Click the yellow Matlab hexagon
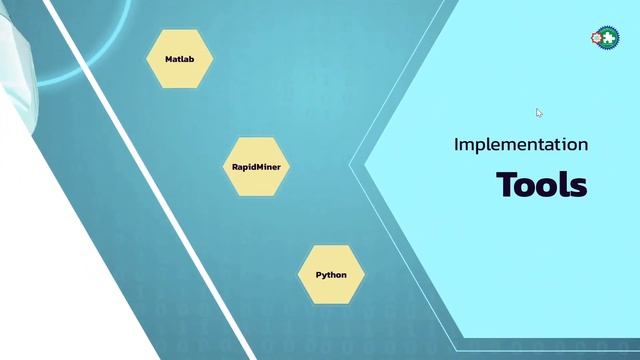tap(180, 59)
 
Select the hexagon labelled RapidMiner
tap(254, 167)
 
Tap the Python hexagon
tap(331, 274)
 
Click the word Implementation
tap(520, 145)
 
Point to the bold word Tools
tap(541, 186)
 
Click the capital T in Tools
tap(505, 186)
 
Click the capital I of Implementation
tap(456, 145)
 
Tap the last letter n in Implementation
tap(583, 146)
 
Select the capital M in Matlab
tap(168, 60)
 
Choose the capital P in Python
tap(319, 274)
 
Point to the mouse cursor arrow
tap(538, 112)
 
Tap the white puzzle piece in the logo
tap(607, 37)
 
